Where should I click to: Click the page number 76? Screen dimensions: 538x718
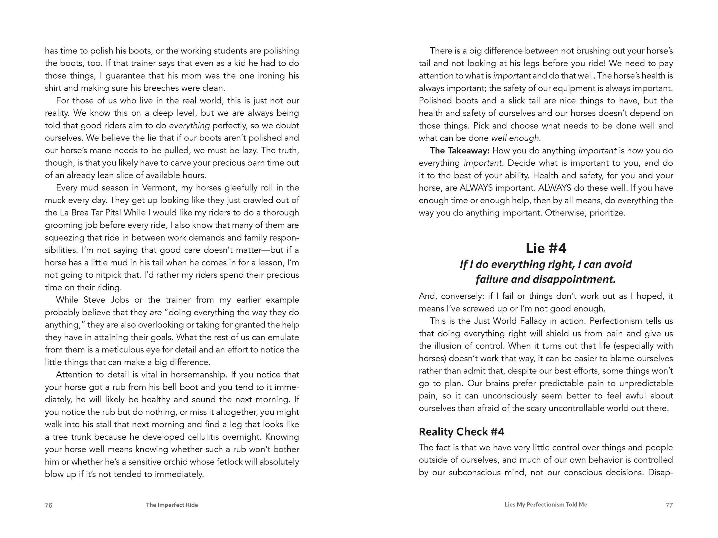tap(48, 505)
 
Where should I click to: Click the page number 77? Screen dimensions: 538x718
tap(669, 505)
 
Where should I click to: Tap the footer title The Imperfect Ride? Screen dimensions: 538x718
tap(172, 505)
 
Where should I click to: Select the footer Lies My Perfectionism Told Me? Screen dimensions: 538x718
tap(546, 505)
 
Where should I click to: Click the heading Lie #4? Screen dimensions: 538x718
tap(546, 248)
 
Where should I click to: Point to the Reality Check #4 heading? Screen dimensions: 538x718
tap(462, 432)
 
